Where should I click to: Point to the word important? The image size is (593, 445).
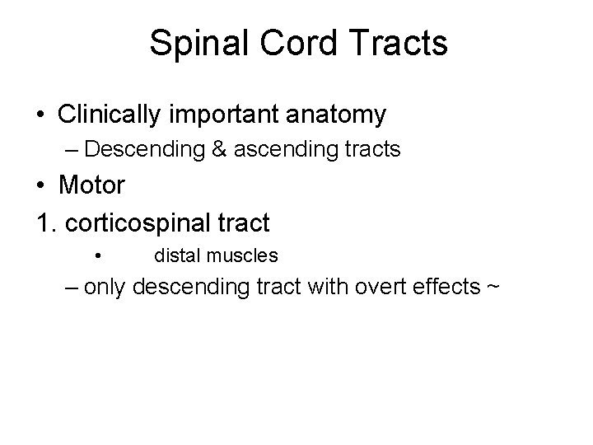[223, 115]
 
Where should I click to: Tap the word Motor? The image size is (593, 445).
[92, 185]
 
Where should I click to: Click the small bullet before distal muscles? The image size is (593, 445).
[97, 256]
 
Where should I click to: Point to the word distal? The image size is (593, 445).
[176, 255]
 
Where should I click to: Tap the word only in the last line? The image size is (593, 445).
[106, 288]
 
